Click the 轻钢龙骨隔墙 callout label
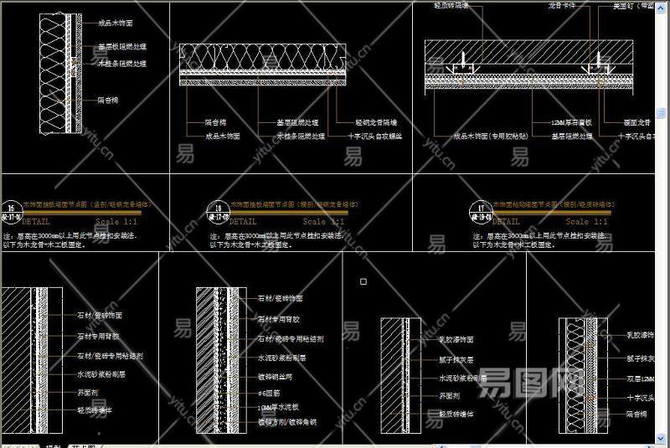click(x=376, y=122)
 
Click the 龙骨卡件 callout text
click(x=562, y=5)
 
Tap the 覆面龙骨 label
click(x=642, y=122)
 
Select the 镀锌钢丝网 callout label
click(x=276, y=376)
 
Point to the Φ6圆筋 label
click(x=269, y=392)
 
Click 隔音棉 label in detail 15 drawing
click(x=108, y=100)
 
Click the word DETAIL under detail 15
click(x=41, y=222)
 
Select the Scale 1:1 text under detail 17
click(x=586, y=222)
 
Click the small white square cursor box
click(x=363, y=281)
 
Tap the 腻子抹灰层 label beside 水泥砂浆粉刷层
click(x=456, y=358)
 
